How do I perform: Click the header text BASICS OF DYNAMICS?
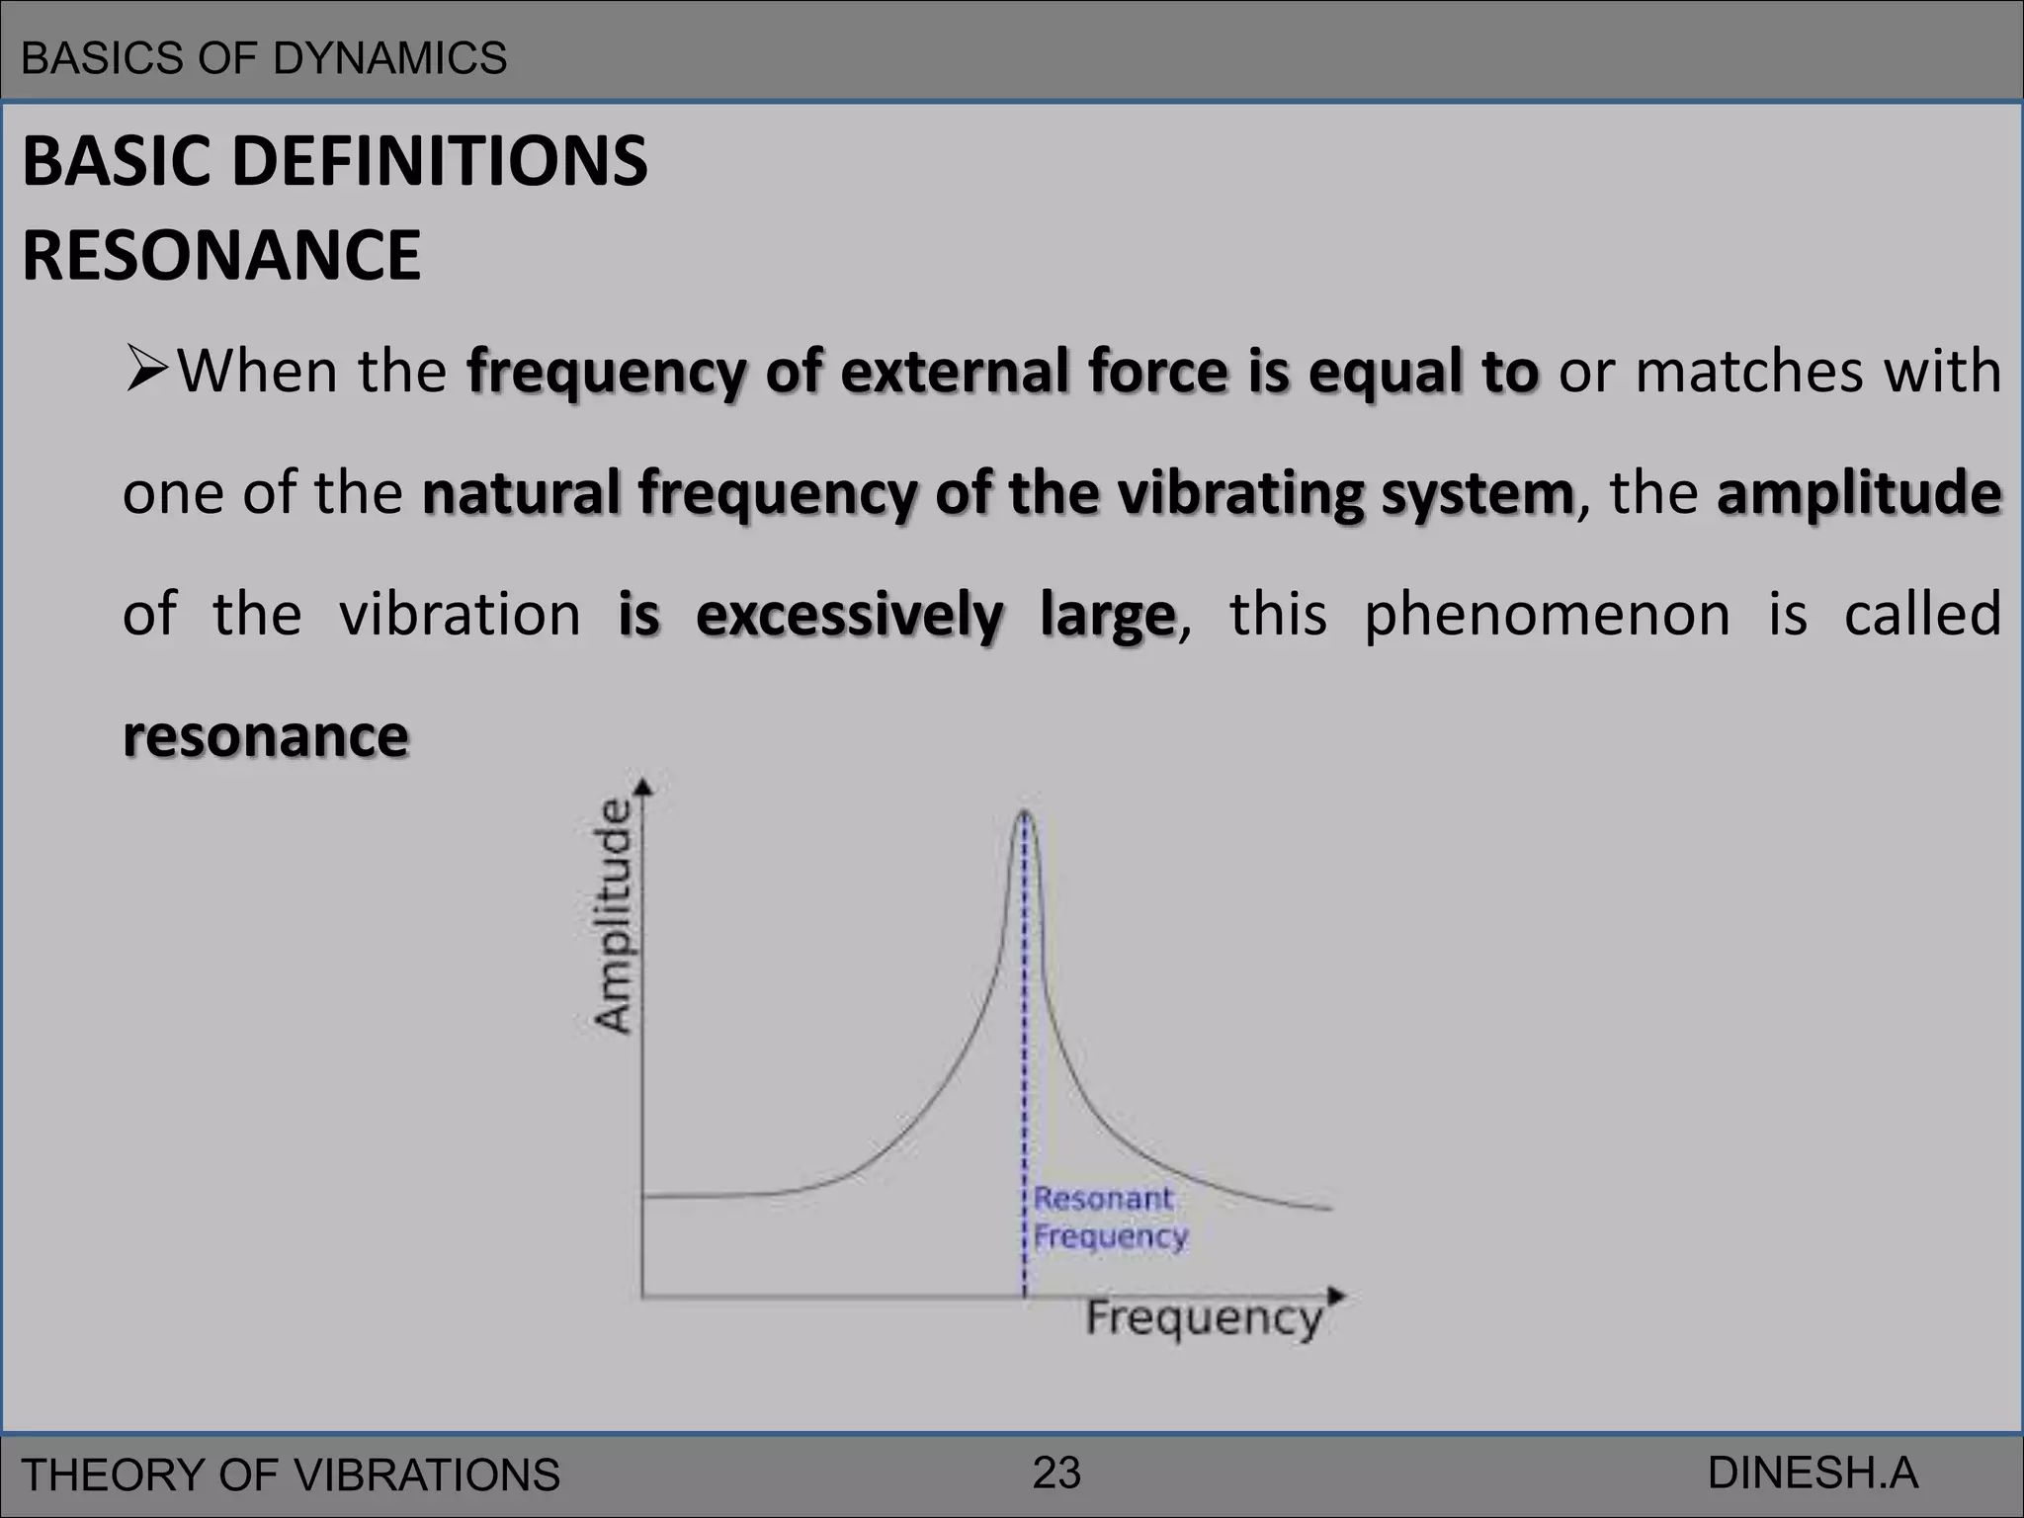pyautogui.click(x=264, y=58)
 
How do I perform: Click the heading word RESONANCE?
pyautogui.click(x=221, y=255)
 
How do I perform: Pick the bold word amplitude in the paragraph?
pyautogui.click(x=1859, y=493)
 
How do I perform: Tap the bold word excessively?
pyautogui.click(x=849, y=615)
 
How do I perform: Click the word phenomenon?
pyautogui.click(x=1547, y=615)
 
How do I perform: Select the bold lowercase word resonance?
pyautogui.click(x=265, y=736)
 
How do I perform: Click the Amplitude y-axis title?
pyautogui.click(x=612, y=915)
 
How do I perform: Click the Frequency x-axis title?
pyautogui.click(x=1204, y=1318)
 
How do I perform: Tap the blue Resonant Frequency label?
pyautogui.click(x=1109, y=1217)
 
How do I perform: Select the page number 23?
pyautogui.click(x=1056, y=1474)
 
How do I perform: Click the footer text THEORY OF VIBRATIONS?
pyautogui.click(x=291, y=1476)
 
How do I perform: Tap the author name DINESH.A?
pyautogui.click(x=1813, y=1474)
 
